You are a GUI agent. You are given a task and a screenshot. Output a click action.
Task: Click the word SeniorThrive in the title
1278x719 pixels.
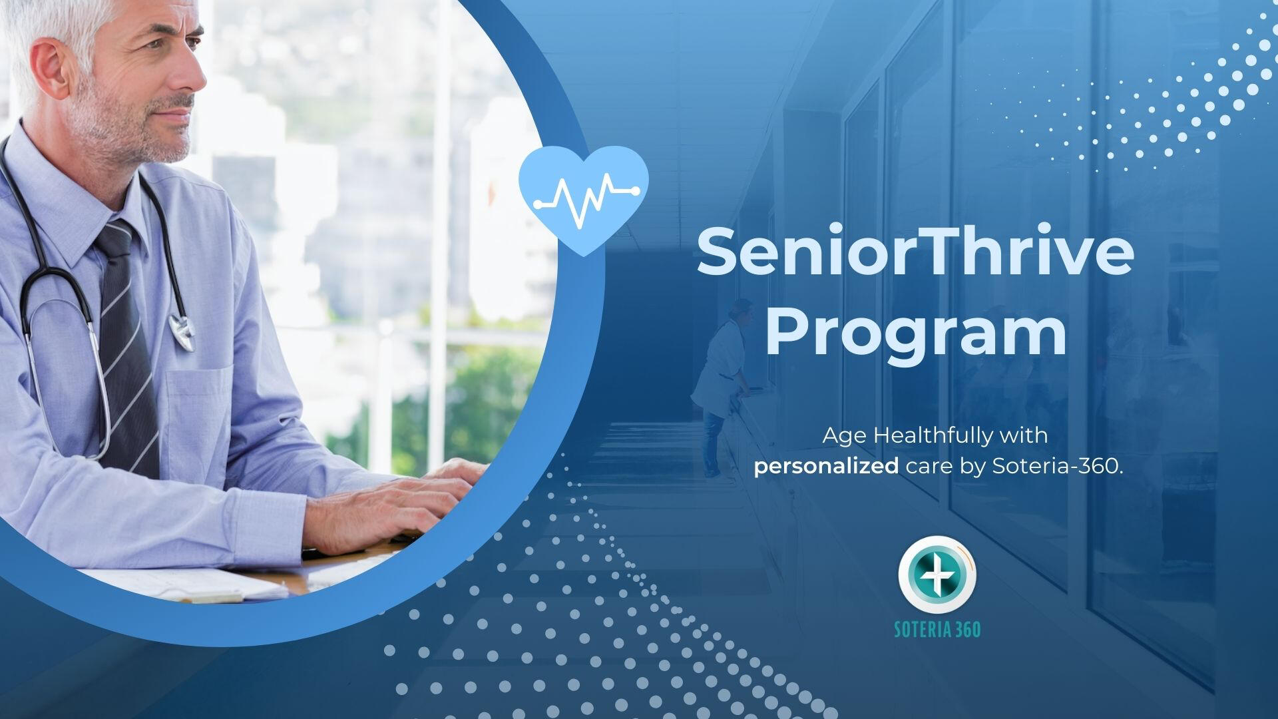(915, 252)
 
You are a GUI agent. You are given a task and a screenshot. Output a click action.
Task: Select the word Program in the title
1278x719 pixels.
(916, 336)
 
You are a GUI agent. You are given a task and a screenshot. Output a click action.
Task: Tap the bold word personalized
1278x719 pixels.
(826, 467)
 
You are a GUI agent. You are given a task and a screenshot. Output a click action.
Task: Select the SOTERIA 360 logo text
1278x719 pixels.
(937, 629)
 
